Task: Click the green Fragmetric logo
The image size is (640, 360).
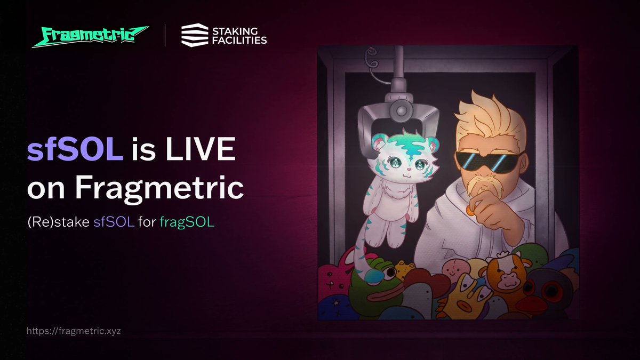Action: [x=90, y=36]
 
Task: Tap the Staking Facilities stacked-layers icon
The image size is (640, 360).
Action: [x=195, y=35]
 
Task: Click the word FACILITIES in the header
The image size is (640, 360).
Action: [x=239, y=41]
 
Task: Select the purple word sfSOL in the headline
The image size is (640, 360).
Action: [x=75, y=149]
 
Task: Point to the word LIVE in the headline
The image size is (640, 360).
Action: [x=201, y=149]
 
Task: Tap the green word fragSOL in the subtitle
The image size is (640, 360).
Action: [x=187, y=222]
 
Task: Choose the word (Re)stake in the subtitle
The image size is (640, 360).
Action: [x=59, y=222]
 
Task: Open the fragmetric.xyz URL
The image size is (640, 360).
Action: [x=74, y=331]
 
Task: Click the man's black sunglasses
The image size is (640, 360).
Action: [x=488, y=161]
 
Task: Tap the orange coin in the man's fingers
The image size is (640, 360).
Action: [x=469, y=211]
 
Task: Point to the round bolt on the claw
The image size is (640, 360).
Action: [x=401, y=110]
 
